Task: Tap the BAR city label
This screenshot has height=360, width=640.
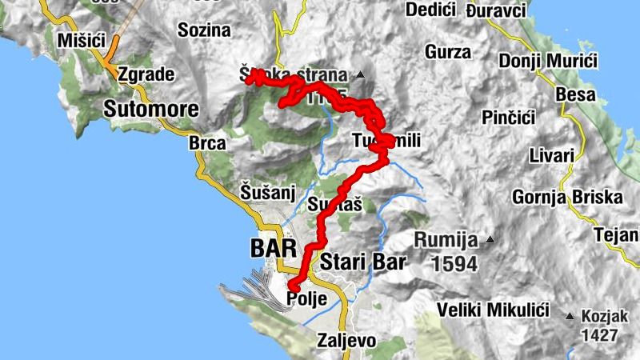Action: coord(273,247)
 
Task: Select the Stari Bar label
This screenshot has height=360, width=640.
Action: coord(363,262)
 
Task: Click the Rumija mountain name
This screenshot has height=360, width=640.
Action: coord(446,240)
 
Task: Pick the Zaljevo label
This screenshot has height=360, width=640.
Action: coord(346,340)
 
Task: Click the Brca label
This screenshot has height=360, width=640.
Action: coord(207,144)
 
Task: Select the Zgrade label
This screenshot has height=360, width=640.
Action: coord(146,74)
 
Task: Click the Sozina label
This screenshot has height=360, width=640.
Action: coord(206,30)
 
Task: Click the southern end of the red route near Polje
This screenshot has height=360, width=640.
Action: coord(293,287)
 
